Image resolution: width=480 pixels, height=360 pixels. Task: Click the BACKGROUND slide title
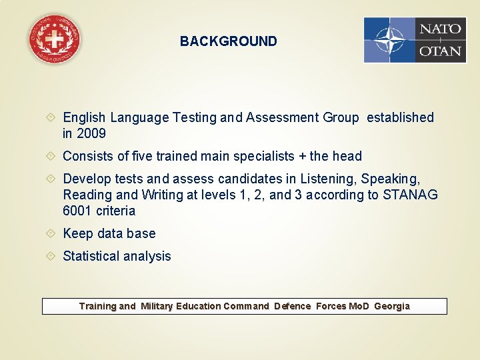click(228, 41)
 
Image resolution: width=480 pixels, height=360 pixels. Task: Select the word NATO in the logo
click(439, 29)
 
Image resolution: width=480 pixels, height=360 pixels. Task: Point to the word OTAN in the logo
click(439, 51)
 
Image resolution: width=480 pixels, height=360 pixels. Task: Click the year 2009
click(91, 133)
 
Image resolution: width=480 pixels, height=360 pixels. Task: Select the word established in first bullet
click(400, 117)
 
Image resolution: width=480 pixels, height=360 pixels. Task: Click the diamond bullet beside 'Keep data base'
click(53, 233)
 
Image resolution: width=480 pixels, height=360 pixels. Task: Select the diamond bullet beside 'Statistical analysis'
click(53, 256)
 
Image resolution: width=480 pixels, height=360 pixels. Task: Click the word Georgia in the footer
click(392, 306)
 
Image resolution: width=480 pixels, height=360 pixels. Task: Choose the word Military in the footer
click(157, 306)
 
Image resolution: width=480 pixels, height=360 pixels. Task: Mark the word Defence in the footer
click(293, 306)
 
